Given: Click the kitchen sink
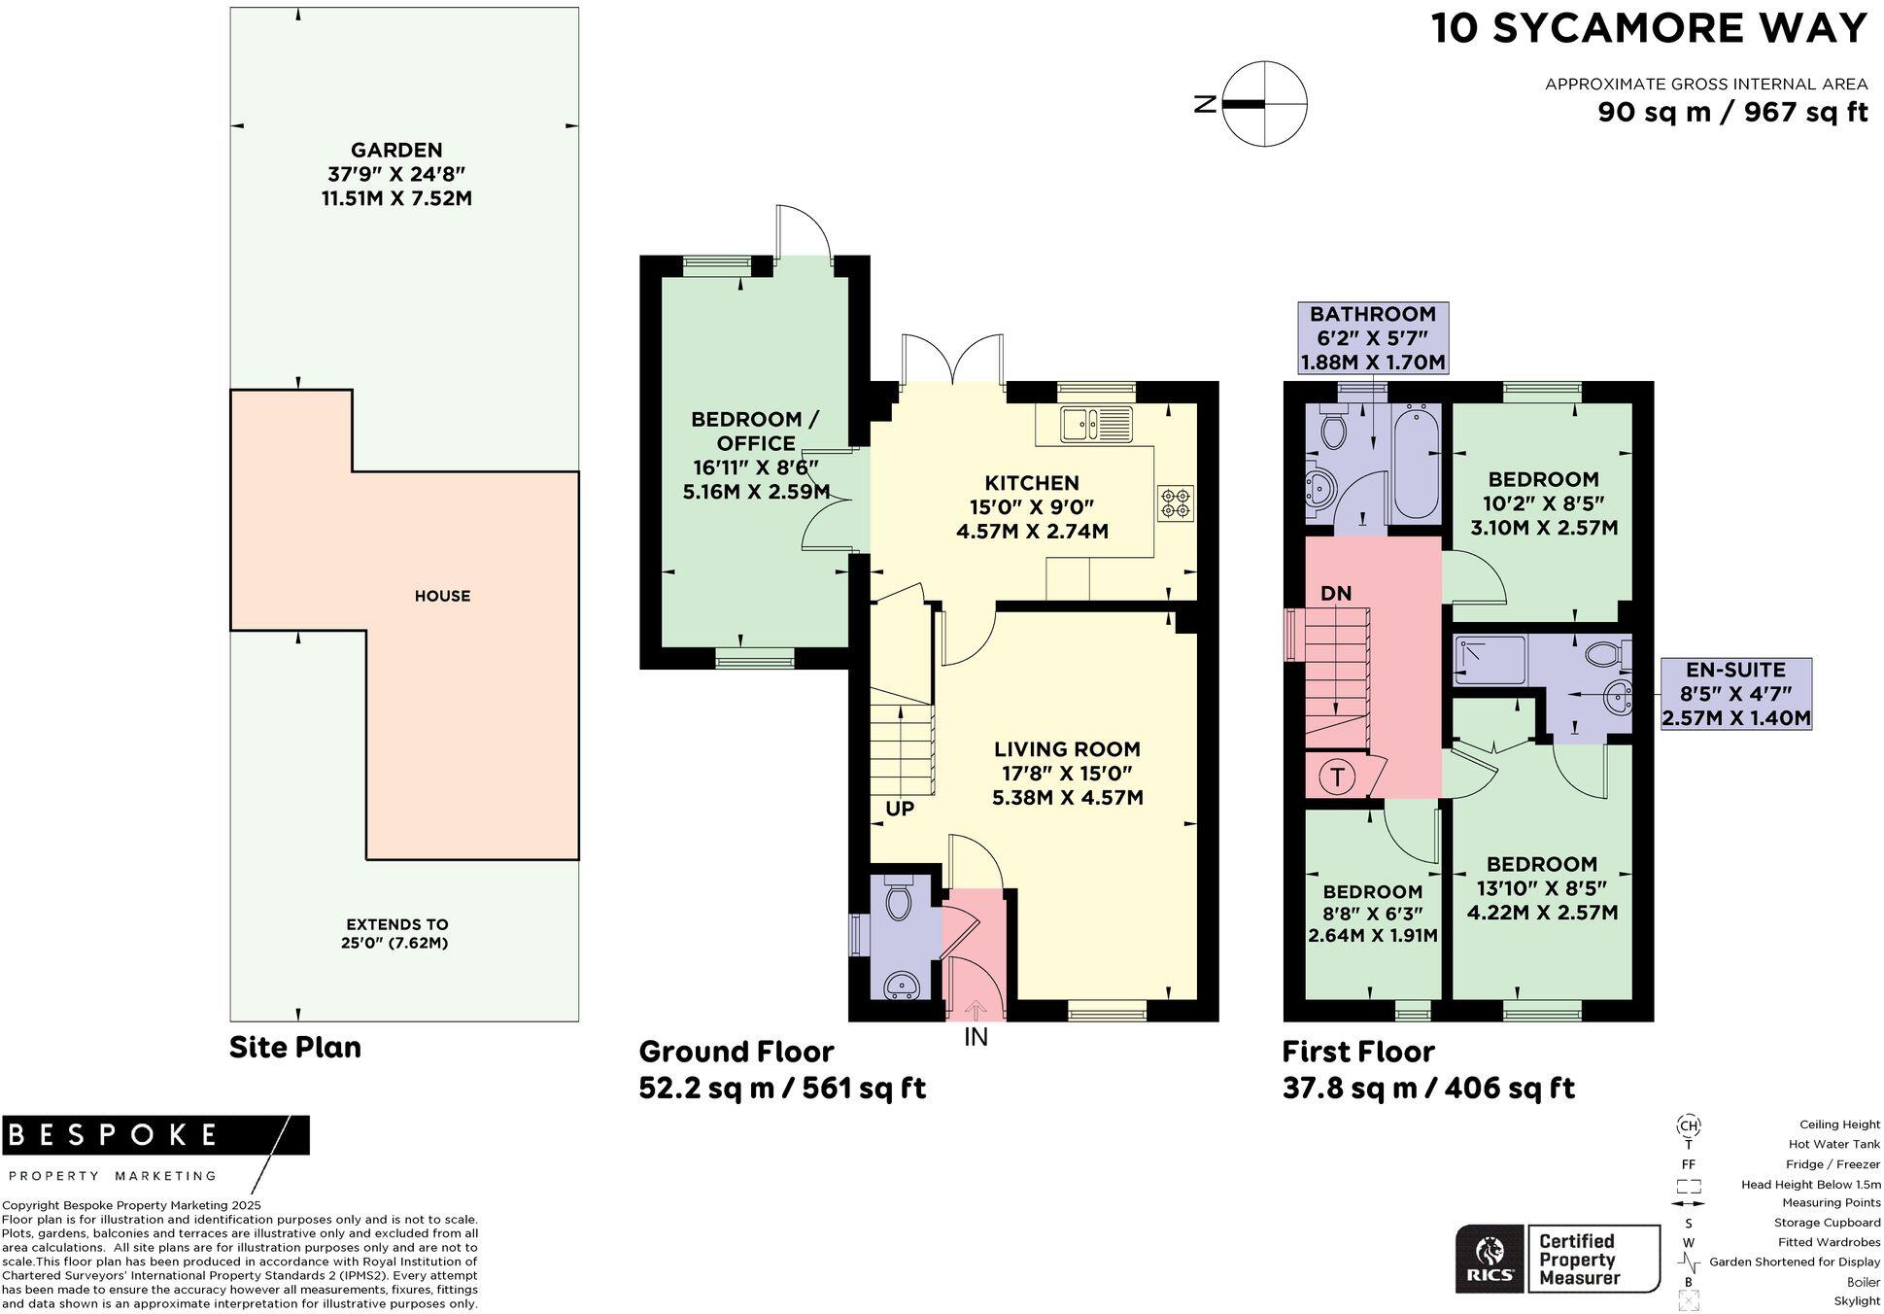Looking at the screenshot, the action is pyautogui.click(x=1097, y=424).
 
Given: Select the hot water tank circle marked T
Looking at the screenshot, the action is pyautogui.click(x=1338, y=777).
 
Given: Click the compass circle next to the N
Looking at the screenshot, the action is pyautogui.click(x=1264, y=103).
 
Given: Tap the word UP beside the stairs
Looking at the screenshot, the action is pyautogui.click(x=900, y=808).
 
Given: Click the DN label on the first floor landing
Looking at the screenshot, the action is pyautogui.click(x=1336, y=593).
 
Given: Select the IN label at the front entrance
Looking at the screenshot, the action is pyautogui.click(x=976, y=1037).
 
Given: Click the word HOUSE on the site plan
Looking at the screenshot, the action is pyautogui.click(x=442, y=596).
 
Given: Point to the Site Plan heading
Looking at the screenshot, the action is pyautogui.click(x=295, y=1048).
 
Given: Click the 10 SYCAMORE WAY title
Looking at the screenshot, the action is pyautogui.click(x=1650, y=28).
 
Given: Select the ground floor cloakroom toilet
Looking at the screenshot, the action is pyautogui.click(x=899, y=898).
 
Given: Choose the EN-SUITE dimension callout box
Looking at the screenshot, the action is pyautogui.click(x=1736, y=694).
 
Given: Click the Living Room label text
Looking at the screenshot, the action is pyautogui.click(x=1067, y=749).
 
